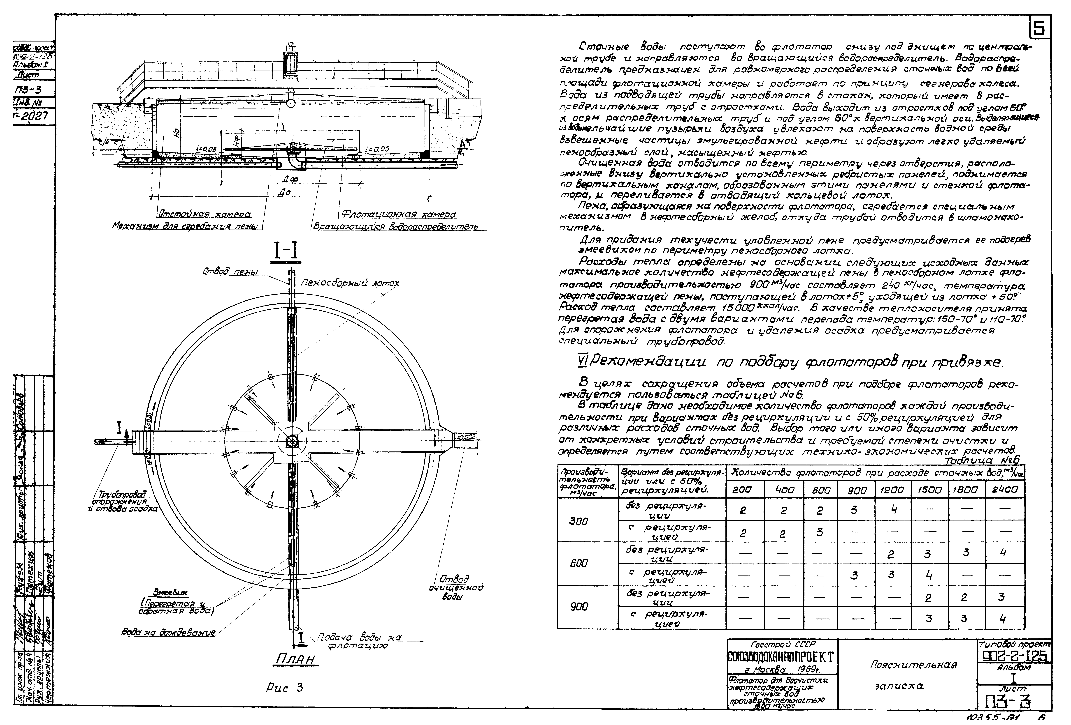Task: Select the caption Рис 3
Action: tap(284, 688)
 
